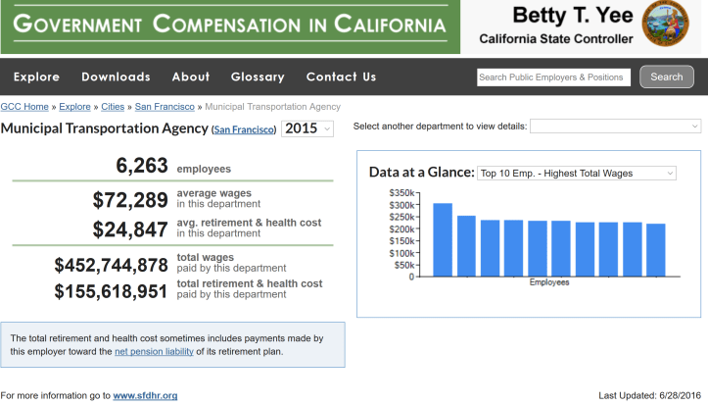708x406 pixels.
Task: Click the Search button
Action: (x=666, y=76)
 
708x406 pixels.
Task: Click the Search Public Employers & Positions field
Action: (x=553, y=76)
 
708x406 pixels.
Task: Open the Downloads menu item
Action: (x=116, y=76)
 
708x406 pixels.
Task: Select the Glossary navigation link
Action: (x=258, y=76)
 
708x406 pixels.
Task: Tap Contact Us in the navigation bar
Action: (x=341, y=76)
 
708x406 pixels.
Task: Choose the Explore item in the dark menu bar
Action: (x=36, y=76)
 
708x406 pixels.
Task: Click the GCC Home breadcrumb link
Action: (x=24, y=106)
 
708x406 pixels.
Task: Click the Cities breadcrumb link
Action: (x=113, y=106)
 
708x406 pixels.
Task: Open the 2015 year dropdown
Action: (x=307, y=128)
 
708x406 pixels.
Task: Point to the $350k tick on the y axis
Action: (x=402, y=193)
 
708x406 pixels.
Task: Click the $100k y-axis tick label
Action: (x=402, y=253)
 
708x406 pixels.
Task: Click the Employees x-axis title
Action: (x=549, y=282)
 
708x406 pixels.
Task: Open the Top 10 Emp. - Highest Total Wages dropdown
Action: (x=576, y=173)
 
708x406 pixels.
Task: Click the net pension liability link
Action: (x=154, y=351)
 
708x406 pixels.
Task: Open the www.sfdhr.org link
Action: (x=145, y=395)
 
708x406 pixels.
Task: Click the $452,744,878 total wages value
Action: (x=112, y=265)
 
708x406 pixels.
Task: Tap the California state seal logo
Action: (x=665, y=25)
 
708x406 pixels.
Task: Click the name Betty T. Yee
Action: (x=555, y=16)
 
